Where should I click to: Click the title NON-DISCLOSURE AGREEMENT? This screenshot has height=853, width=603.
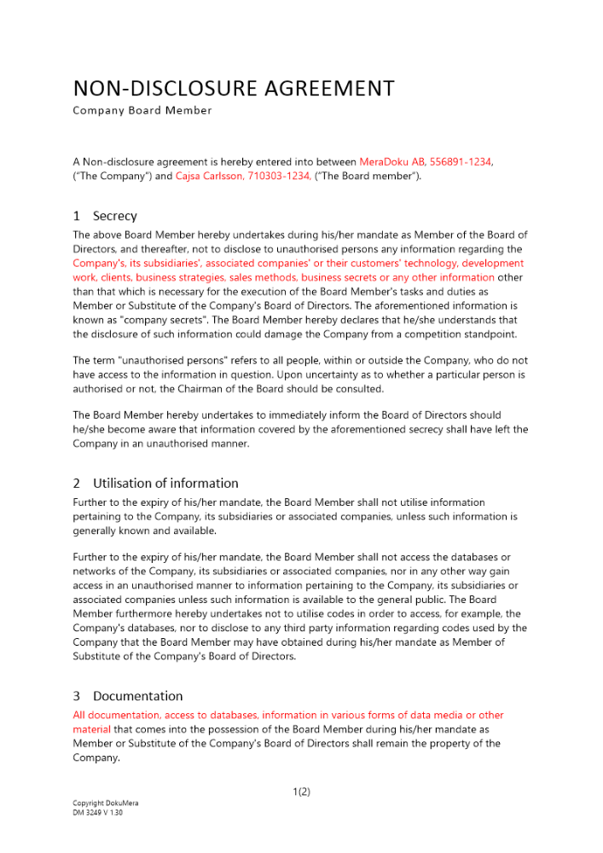[234, 89]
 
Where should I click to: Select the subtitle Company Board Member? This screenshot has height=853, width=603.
[142, 111]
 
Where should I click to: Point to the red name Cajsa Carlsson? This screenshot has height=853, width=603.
[209, 176]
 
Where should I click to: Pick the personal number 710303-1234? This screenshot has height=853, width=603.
[279, 176]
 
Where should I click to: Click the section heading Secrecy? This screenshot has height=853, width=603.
[115, 217]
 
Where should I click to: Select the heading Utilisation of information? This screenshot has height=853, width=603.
[165, 484]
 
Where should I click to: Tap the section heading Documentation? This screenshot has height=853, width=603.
[137, 696]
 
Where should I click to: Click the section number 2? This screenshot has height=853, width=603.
[77, 484]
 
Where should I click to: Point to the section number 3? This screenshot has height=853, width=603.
[77, 696]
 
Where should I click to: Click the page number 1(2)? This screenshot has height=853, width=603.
[301, 792]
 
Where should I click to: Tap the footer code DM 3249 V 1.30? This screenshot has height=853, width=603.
[98, 813]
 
